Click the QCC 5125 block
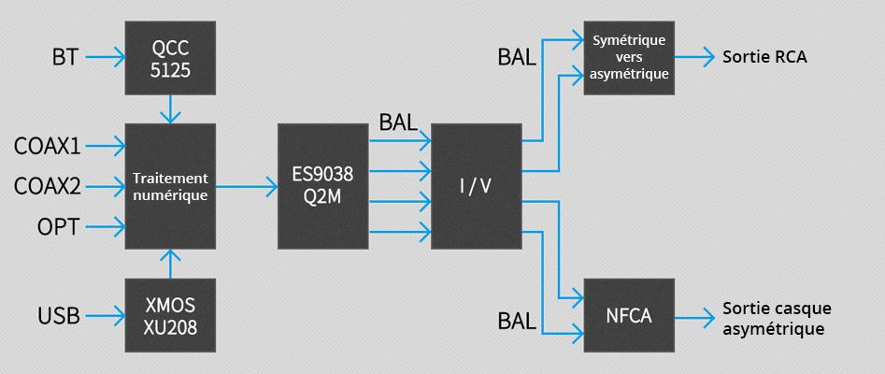coord(170,58)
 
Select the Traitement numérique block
coord(170,186)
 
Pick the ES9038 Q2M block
coord(323,186)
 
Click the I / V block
coord(476,186)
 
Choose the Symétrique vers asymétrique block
coord(629,58)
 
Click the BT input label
coord(64,59)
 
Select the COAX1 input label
coord(47,146)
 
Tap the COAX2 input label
coord(47,186)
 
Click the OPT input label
coord(57,226)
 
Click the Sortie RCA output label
coord(764,58)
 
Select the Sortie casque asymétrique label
coord(776,318)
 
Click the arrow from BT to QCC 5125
coord(105,59)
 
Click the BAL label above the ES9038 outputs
coord(399,122)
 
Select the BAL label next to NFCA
coord(517,323)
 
